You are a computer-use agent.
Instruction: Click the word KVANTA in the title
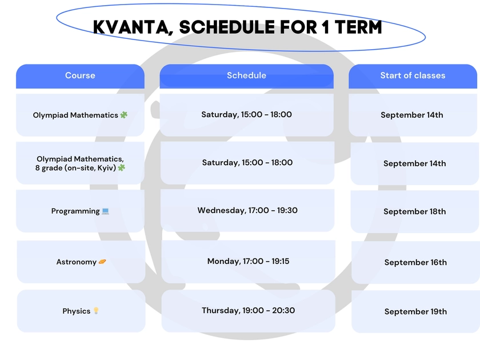coord(131,27)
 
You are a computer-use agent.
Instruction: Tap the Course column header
coord(80,76)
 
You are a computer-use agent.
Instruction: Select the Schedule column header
coord(246,76)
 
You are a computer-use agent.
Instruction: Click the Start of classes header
coord(413,76)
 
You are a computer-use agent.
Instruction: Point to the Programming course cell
coord(80,211)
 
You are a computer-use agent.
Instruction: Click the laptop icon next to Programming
coord(105,211)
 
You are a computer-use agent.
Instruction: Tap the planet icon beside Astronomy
coord(102,262)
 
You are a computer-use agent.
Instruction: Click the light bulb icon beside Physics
coord(96,311)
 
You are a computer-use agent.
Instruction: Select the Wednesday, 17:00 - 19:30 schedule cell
coord(247,210)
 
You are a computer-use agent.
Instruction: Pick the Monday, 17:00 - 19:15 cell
coord(248,262)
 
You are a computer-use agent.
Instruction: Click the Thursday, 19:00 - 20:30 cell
coord(248,311)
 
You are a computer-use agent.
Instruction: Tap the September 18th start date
coord(414,211)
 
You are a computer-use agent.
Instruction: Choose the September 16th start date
coord(415,262)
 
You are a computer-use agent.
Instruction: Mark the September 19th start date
coord(415,311)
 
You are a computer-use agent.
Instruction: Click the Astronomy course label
coord(76,262)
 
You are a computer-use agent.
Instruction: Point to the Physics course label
coord(76,311)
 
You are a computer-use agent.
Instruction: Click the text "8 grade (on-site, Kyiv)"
coord(75,168)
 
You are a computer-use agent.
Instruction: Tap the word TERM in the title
coord(358,27)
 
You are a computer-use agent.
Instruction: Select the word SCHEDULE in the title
coord(227,27)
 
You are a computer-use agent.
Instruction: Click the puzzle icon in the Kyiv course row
coord(122,168)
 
